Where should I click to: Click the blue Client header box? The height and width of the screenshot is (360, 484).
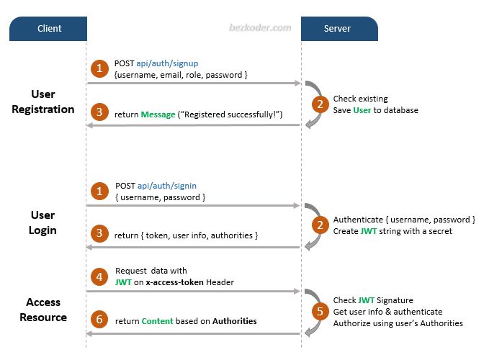49,29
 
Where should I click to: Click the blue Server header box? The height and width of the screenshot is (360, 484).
339,29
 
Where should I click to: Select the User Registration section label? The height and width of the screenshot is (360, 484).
42,102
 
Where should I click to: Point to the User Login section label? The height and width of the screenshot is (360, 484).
42,222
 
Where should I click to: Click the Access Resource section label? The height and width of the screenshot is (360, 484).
42,310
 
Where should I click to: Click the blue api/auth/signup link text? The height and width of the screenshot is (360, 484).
166,63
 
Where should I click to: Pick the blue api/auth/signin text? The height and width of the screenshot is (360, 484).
166,185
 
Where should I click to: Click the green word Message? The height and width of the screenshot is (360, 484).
158,114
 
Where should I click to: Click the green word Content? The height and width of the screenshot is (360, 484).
158,320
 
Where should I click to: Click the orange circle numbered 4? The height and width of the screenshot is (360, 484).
99,276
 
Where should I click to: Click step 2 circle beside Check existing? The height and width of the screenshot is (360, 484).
318,104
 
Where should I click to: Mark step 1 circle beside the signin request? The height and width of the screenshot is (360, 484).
99,191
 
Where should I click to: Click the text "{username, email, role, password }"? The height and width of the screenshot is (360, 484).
181,75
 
